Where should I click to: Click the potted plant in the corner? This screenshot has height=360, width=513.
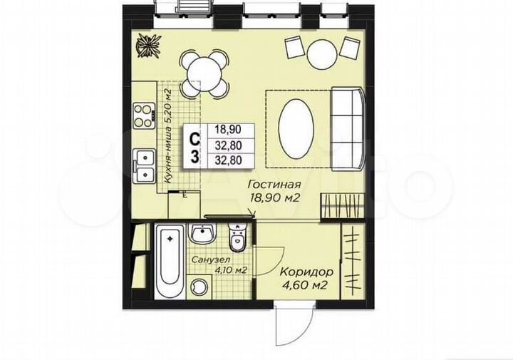click(x=147, y=47)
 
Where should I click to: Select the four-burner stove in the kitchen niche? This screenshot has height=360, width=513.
click(x=145, y=115)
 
